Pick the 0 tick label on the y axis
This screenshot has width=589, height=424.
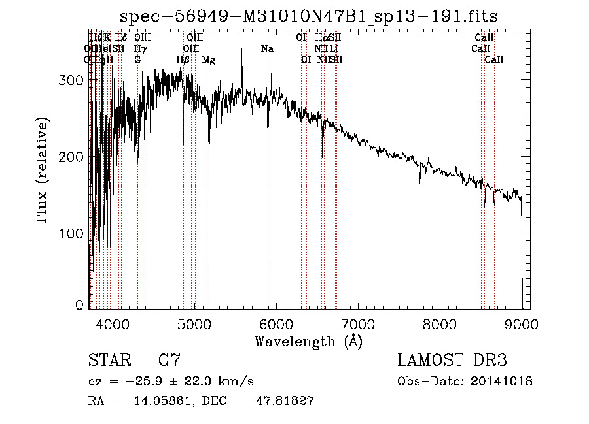point(80,305)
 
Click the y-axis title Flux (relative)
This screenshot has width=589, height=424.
point(44,171)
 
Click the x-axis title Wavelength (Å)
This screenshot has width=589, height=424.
point(308,341)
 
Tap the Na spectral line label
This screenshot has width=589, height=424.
point(267,49)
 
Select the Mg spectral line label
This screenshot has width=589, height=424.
point(208,60)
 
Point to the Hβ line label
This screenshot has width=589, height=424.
point(183,60)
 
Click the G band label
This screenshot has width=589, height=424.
point(137,60)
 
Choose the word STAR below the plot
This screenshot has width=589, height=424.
point(109,360)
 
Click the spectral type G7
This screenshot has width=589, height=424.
point(170,360)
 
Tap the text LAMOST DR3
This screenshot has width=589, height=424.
point(452,360)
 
